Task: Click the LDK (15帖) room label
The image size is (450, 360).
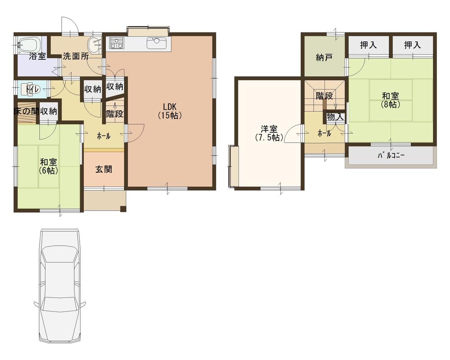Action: [x=169, y=111]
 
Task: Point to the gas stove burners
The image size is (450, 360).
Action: [x=117, y=43]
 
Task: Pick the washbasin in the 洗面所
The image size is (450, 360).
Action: [x=95, y=45]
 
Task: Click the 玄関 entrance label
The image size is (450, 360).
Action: [x=103, y=170]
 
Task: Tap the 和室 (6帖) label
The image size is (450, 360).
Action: [x=48, y=166]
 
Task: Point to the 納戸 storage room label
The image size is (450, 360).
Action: [x=324, y=57]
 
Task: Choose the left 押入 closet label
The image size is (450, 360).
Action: [x=369, y=45]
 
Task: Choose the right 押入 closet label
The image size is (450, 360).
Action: [x=412, y=45]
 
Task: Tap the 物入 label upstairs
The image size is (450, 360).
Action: [x=335, y=117]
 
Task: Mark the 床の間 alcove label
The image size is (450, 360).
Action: [x=25, y=111]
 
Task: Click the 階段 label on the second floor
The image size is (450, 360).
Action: [x=324, y=95]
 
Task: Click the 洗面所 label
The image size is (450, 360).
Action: [x=75, y=57]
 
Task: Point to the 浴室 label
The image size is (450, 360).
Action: [x=37, y=57]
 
